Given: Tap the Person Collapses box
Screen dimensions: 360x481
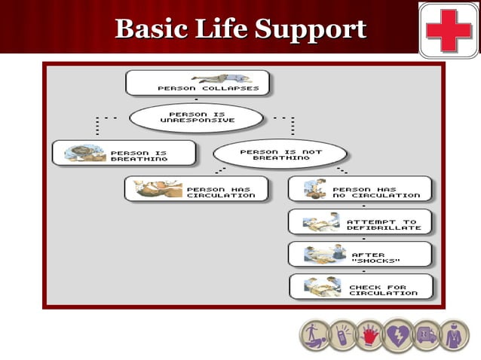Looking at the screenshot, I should [x=198, y=83].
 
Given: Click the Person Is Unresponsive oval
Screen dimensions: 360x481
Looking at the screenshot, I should [x=197, y=117].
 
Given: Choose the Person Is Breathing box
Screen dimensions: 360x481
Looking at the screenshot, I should [x=124, y=153].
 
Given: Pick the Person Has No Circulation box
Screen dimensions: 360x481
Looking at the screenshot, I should [x=360, y=188].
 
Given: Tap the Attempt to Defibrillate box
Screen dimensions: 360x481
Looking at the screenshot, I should [x=360, y=221].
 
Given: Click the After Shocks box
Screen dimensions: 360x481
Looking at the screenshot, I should [x=360, y=254].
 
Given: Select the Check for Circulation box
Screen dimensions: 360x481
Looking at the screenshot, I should [x=360, y=286].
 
